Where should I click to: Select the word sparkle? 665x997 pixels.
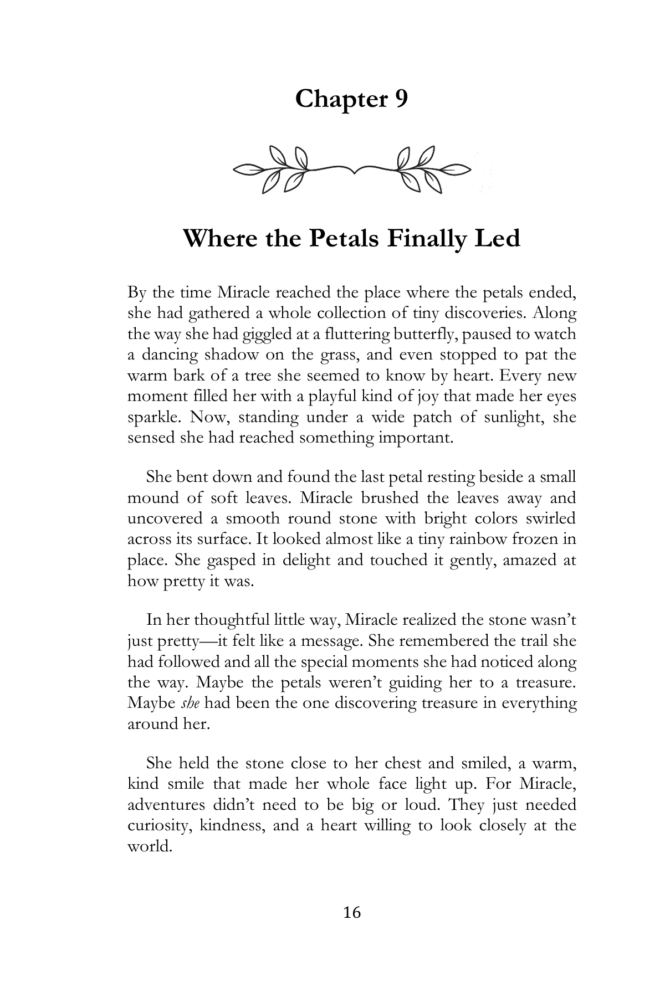[x=151, y=417]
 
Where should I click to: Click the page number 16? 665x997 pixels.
[x=352, y=912]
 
